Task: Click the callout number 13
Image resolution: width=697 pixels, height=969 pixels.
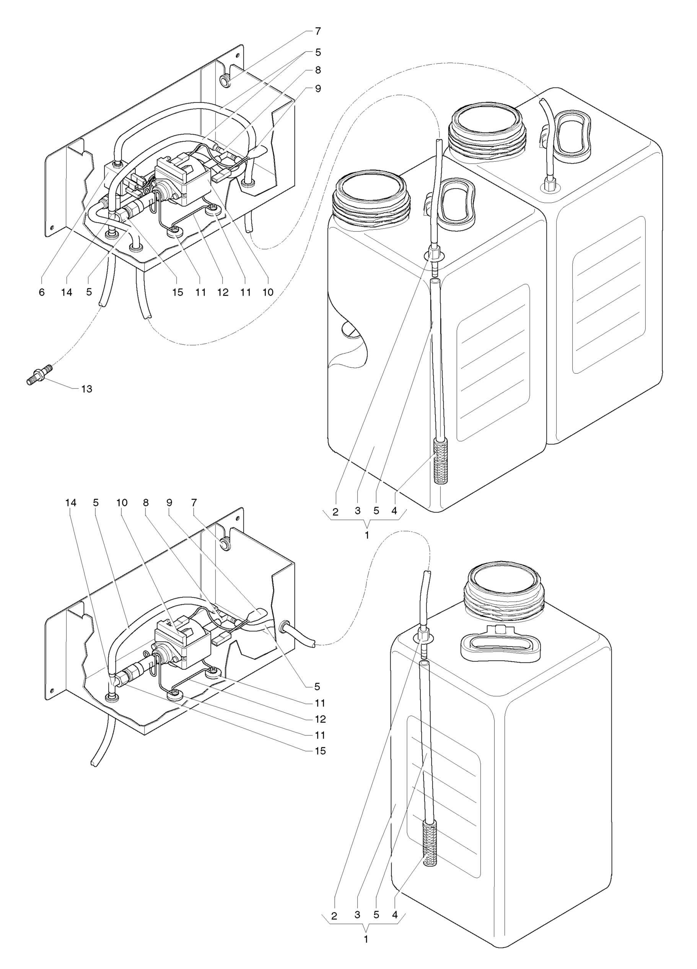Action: coord(86,389)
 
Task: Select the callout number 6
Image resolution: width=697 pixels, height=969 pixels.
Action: coord(41,292)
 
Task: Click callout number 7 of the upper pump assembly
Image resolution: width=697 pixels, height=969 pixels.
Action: coord(318,31)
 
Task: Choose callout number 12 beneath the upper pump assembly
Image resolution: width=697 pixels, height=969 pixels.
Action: coord(223,292)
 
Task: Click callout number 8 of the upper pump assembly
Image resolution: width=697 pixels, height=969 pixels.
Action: coord(318,70)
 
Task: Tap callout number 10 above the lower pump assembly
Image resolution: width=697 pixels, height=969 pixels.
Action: coord(122,502)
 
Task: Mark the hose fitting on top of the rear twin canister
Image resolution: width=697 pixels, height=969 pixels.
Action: coord(549,185)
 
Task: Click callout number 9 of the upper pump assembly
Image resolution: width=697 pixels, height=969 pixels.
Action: coord(318,88)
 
